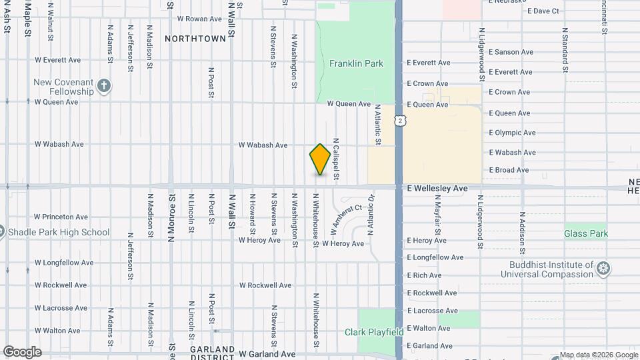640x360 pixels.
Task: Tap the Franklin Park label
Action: pos(356,64)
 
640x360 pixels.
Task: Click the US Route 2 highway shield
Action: pos(399,121)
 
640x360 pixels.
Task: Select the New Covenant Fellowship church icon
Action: pos(103,85)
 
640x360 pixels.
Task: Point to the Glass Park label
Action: pos(586,234)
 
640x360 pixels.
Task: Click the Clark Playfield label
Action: pos(374,332)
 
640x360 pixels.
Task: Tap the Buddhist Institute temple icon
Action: pos(603,269)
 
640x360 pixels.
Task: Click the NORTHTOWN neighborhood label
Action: pos(195,39)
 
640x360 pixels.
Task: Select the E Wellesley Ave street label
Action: pos(437,189)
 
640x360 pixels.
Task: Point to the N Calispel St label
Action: pos(336,162)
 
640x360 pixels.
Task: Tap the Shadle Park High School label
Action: pos(58,233)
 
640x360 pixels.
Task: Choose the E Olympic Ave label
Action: pos(512,133)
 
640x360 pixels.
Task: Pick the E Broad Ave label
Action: pos(509,170)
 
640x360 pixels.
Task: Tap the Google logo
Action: pos(22,352)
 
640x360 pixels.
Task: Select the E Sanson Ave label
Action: pos(511,52)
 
